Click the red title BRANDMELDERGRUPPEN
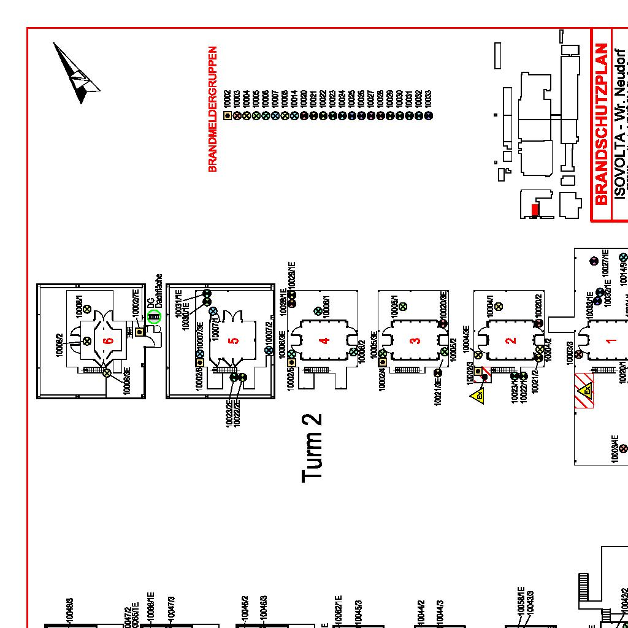click(x=213, y=109)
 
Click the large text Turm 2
click(x=312, y=447)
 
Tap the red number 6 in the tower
click(x=109, y=341)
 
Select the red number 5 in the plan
click(x=233, y=341)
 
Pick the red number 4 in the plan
click(x=325, y=341)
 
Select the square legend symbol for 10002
click(x=228, y=115)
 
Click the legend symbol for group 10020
click(x=304, y=115)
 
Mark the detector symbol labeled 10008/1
click(x=88, y=309)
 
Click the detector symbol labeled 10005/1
click(x=403, y=306)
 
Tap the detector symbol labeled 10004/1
click(x=499, y=306)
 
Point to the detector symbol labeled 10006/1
click(x=318, y=312)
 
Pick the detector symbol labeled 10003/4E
click(x=624, y=449)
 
